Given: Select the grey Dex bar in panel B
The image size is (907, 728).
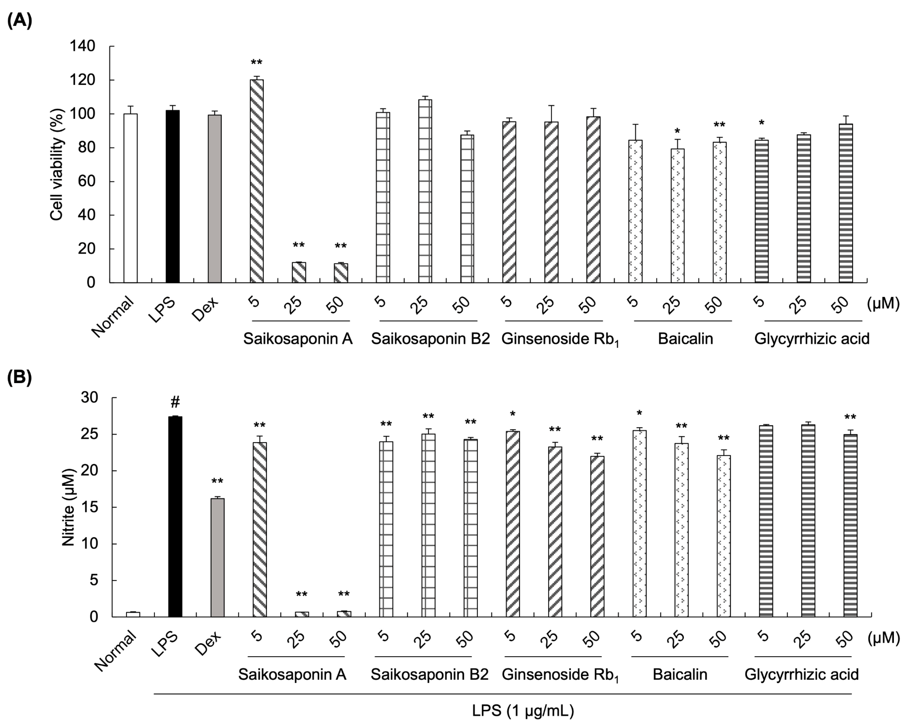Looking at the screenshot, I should (x=217, y=557).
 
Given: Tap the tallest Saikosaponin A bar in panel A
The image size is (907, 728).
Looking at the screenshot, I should (x=257, y=181).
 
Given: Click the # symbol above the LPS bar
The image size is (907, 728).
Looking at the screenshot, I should (x=175, y=402).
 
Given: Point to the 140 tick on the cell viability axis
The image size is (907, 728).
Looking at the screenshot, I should (x=85, y=46).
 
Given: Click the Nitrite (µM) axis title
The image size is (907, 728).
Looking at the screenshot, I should (x=68, y=507).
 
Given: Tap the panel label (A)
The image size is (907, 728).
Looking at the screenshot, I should (x=19, y=20).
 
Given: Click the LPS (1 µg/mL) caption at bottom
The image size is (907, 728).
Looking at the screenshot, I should (x=523, y=710).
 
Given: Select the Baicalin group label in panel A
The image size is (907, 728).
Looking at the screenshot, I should (x=685, y=339).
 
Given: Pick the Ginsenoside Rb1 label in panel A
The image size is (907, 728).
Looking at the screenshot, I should (x=560, y=339).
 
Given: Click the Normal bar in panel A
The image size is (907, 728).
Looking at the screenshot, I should (x=131, y=198).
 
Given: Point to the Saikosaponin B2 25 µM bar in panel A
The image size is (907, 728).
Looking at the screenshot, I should (x=425, y=191).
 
